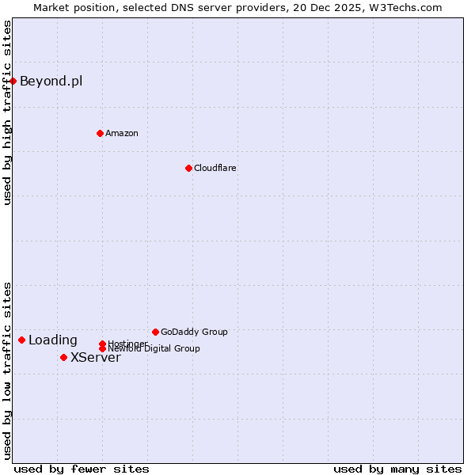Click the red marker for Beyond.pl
[13, 81]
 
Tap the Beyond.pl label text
[51, 81]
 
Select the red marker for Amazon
[100, 133]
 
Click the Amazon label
[121, 133]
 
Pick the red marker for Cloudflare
[188, 168]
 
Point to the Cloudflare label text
[215, 168]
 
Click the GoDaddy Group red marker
[155, 332]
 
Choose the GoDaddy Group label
[194, 332]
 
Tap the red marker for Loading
[21, 340]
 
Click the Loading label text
[52, 340]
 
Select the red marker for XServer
[63, 357]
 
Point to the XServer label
[95, 358]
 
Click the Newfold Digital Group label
[154, 349]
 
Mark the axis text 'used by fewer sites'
[82, 469]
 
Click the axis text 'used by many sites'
[397, 469]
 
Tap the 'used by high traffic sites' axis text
[7, 113]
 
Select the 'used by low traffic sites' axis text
[7, 370]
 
